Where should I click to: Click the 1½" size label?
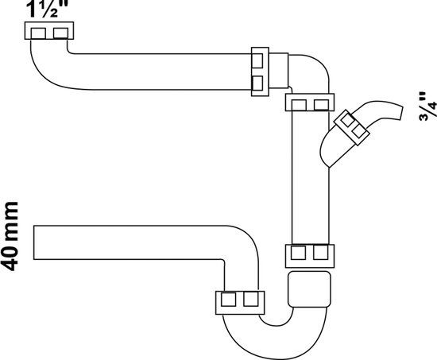[47, 9]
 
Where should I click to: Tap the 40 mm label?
[10, 236]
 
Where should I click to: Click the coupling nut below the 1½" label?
[49, 31]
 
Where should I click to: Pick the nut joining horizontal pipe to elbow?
[260, 72]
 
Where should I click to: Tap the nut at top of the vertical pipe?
[310, 103]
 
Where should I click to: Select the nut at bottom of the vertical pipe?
[310, 256]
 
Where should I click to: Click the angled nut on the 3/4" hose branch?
[352, 127]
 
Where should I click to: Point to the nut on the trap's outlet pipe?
[240, 303]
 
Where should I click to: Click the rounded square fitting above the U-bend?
[309, 289]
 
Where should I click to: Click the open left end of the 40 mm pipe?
[34, 242]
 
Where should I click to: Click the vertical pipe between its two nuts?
[310, 178]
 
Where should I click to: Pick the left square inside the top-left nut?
[38, 33]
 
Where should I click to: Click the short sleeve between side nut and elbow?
[278, 71]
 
